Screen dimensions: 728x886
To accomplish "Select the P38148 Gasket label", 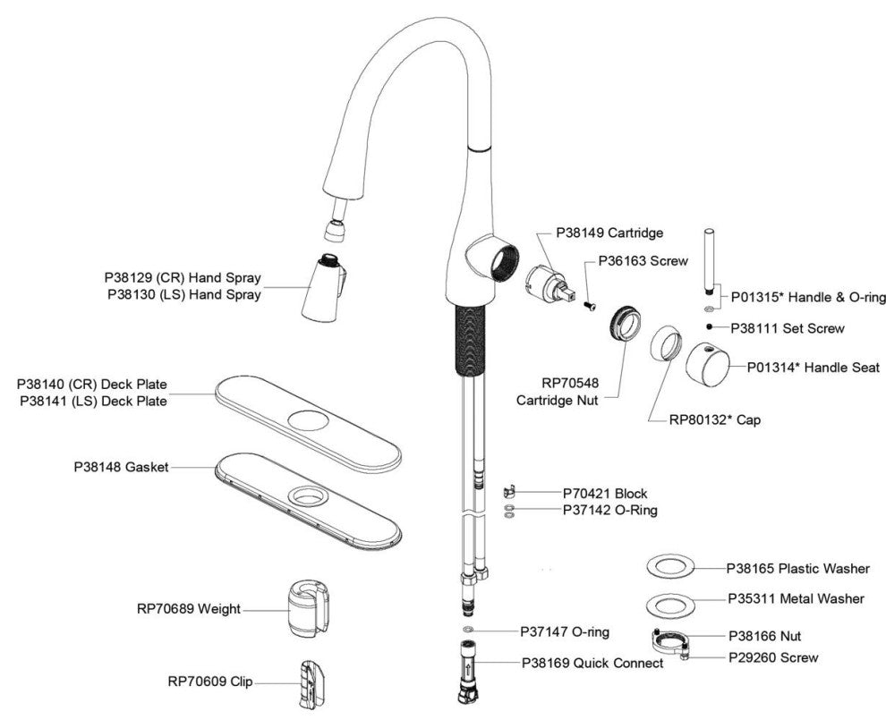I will (121, 467).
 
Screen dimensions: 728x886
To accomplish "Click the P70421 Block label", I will (604, 493).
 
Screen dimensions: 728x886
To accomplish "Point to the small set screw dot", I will (709, 327).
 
